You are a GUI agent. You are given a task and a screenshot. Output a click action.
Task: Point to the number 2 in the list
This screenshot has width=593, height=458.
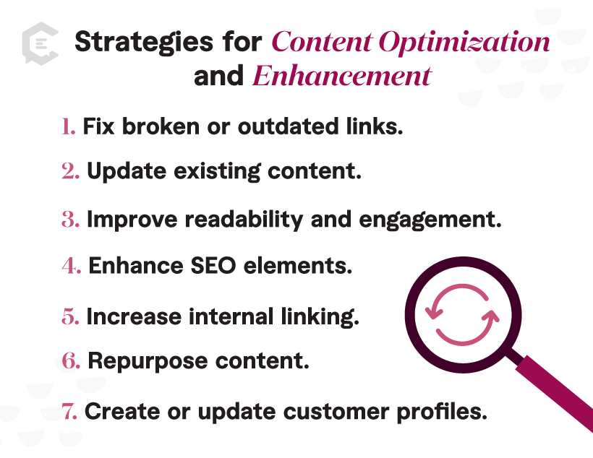coord(70,172)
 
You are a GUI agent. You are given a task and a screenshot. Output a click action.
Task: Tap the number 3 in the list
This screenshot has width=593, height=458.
coord(70,220)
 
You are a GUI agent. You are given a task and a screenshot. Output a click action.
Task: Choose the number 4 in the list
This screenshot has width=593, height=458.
coord(70,267)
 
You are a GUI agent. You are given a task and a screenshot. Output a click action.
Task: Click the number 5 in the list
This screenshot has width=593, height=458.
coord(70,316)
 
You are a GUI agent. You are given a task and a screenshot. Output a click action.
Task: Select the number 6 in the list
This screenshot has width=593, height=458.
coord(70,361)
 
